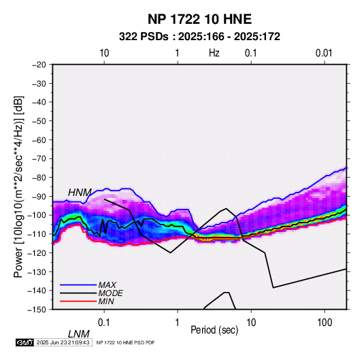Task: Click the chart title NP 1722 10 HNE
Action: tap(199, 19)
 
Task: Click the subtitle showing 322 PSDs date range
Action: tap(199, 37)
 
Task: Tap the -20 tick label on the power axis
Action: tap(39, 65)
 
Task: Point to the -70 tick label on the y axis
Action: tap(39, 159)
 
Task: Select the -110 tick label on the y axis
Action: tap(37, 234)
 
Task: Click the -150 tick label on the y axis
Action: tap(37, 310)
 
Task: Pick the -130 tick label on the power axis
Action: tap(37, 272)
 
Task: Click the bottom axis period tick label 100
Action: tap(325, 323)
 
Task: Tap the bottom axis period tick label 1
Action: tap(178, 323)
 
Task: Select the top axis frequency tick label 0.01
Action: tap(324, 53)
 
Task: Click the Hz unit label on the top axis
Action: tap(214, 53)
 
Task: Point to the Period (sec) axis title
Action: tap(214, 330)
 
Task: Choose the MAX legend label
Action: tap(107, 284)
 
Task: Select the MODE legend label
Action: tap(110, 293)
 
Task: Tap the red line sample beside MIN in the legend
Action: tap(78, 301)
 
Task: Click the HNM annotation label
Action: tap(80, 193)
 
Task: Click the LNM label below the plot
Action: tap(79, 334)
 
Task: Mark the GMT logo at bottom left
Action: tap(25, 342)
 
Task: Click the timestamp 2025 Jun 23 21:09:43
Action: tap(63, 342)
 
